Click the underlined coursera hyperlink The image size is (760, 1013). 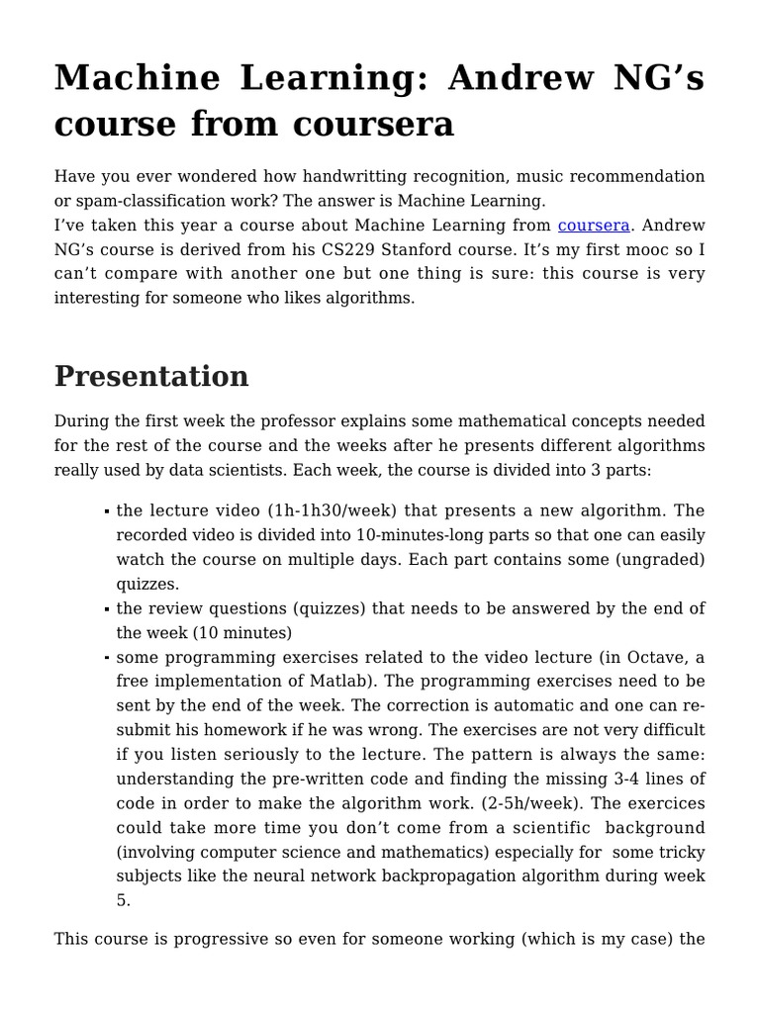point(594,227)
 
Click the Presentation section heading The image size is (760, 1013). point(151,377)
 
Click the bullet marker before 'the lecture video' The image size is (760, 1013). point(106,512)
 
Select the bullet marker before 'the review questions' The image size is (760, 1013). point(106,609)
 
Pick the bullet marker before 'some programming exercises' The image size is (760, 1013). point(106,658)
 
